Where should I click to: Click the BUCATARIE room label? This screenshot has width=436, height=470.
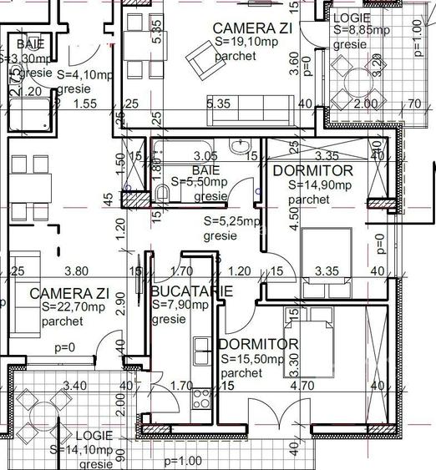tap(192, 291)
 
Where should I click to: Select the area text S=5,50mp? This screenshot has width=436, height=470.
tap(200, 181)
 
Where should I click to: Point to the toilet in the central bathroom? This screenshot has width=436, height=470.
tap(164, 195)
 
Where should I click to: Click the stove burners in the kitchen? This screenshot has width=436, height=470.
tap(200, 399)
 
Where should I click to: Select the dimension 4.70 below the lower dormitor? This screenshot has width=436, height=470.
tap(320, 386)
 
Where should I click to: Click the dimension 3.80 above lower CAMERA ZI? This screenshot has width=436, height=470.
tap(77, 270)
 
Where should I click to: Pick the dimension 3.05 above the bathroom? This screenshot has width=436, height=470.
tap(205, 155)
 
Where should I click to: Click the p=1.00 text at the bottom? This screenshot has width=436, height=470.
tap(184, 461)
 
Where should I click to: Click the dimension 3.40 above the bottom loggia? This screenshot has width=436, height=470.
tap(74, 386)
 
